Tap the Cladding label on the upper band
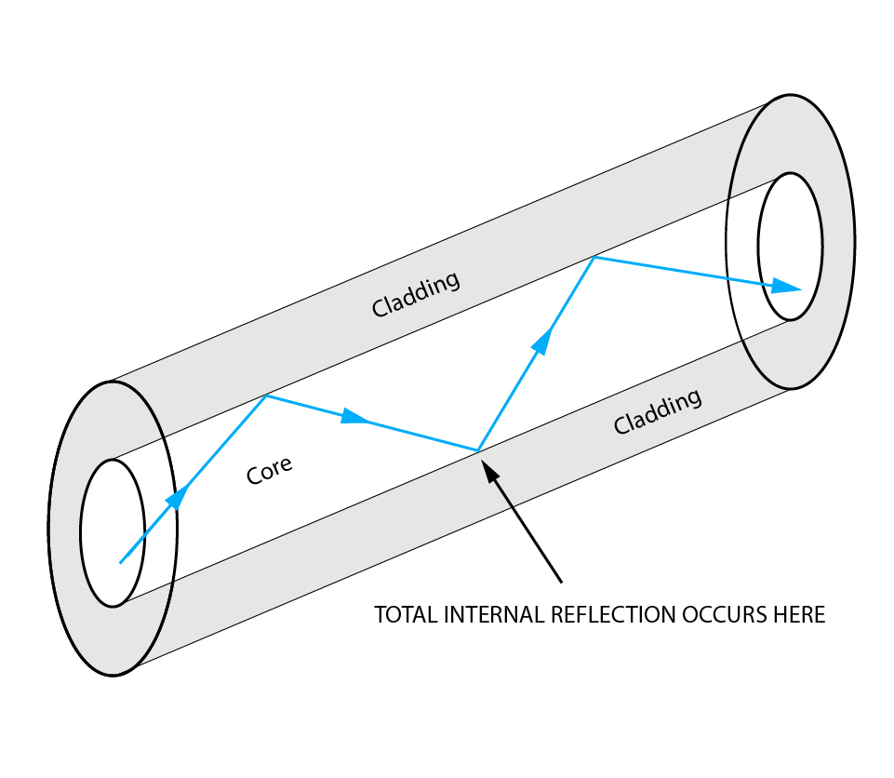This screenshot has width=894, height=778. (x=415, y=294)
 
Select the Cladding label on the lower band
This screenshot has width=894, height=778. (x=657, y=411)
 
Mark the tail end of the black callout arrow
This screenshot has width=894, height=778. (x=562, y=583)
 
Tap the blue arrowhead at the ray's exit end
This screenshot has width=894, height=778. (x=787, y=288)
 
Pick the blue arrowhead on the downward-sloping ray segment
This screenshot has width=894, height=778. (x=354, y=417)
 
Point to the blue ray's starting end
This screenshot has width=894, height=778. (x=120, y=562)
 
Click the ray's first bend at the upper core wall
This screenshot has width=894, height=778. (x=266, y=396)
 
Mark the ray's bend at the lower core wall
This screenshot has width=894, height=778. (x=477, y=451)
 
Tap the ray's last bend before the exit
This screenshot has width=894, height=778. (x=594, y=258)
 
